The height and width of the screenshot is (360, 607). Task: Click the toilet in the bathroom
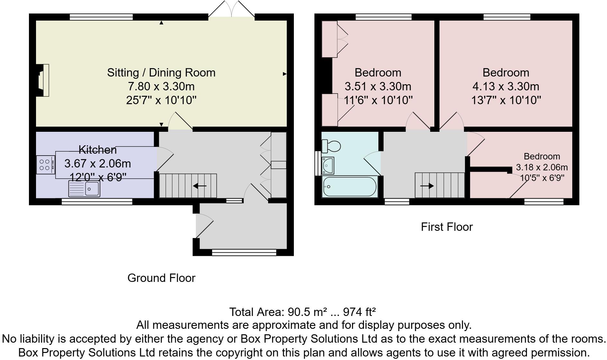click(x=331, y=146)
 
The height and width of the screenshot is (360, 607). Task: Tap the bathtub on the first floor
click(x=350, y=186)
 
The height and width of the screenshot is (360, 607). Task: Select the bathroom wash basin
click(x=328, y=165)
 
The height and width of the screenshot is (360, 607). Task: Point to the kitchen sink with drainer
click(x=84, y=189)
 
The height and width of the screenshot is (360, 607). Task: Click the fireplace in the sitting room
click(x=42, y=80)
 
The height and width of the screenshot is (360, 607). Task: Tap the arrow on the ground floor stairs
click(x=200, y=186)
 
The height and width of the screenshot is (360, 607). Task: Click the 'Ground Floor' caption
click(x=161, y=278)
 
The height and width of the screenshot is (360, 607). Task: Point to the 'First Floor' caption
click(x=447, y=227)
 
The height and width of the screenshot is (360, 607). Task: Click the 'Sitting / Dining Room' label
click(x=161, y=73)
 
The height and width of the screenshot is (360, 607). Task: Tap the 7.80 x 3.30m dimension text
click(x=161, y=86)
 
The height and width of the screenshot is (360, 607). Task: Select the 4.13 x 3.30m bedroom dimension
click(x=506, y=86)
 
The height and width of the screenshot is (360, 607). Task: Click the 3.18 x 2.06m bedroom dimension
click(x=542, y=167)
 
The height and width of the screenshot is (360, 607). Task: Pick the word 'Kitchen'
click(x=98, y=150)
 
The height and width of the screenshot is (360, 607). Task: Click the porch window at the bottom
click(x=244, y=253)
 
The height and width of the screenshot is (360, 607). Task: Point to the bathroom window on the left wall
click(x=318, y=163)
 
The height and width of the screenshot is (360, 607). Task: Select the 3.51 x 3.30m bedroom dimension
click(x=378, y=86)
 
